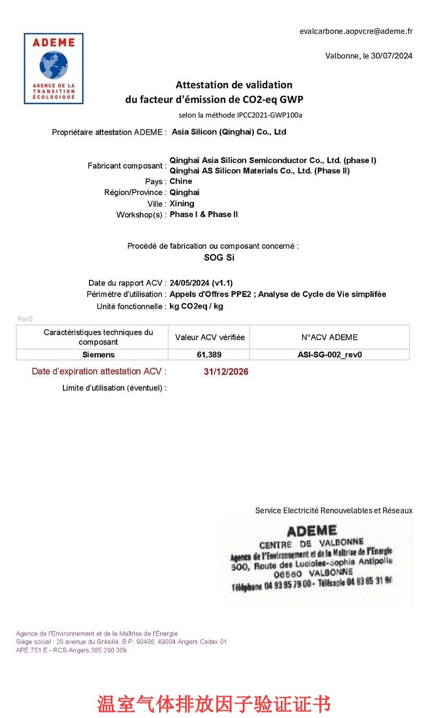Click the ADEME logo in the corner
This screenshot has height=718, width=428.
(54, 69)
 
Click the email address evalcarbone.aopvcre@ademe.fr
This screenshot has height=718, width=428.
(356, 31)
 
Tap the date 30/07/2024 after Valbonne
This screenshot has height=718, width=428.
(392, 56)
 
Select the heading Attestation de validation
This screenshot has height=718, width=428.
(234, 85)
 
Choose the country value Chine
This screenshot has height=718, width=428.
(181, 182)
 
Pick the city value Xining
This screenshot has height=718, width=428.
(182, 203)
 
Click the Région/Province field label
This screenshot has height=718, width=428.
(135, 193)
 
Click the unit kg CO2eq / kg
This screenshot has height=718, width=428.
(197, 306)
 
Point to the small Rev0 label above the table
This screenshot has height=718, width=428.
(25, 319)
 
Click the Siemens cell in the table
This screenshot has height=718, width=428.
(98, 355)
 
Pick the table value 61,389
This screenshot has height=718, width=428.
(210, 355)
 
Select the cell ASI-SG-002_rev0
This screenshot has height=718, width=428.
(329, 355)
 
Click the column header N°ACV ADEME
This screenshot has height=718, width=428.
(329, 337)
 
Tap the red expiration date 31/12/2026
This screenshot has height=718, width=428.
(226, 372)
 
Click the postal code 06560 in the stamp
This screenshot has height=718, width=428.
(288, 575)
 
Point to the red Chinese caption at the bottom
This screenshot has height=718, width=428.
(214, 704)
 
